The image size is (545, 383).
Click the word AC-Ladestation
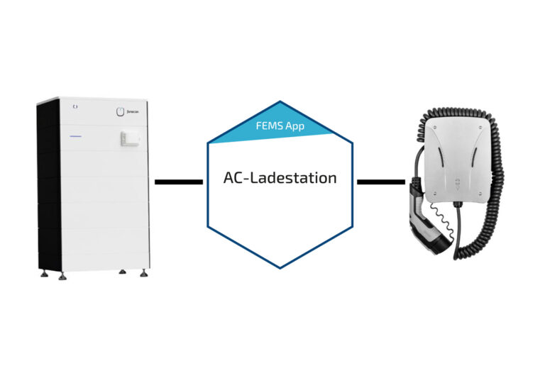tap(280, 178)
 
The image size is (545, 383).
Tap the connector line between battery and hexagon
tap(178, 182)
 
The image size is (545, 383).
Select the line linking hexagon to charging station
tap(380, 182)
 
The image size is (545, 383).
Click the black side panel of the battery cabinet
tap(48, 184)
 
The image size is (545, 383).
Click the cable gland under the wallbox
tap(458, 206)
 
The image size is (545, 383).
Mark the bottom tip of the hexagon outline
tap(280, 267)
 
